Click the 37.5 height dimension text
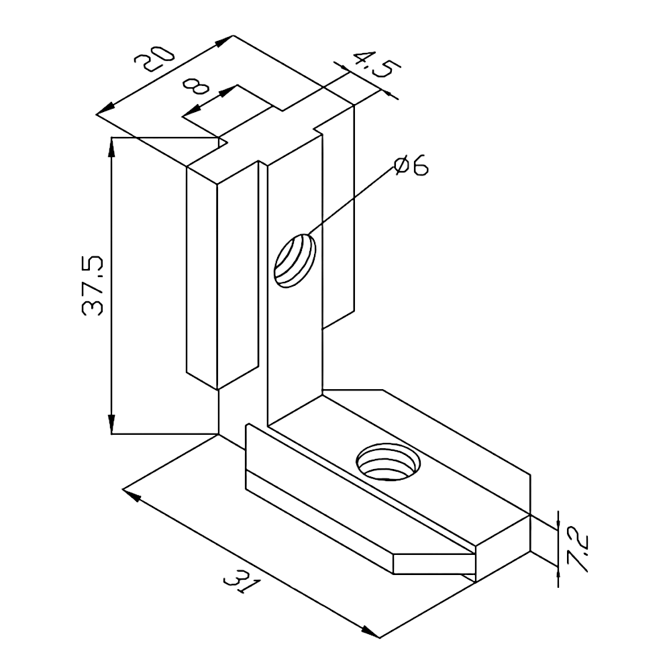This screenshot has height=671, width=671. click(93, 285)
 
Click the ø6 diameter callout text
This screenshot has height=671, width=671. click(411, 166)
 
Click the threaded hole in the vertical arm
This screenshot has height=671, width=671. click(295, 260)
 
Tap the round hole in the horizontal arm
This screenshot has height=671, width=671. click(388, 462)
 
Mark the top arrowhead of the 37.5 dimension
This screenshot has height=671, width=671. click(111, 146)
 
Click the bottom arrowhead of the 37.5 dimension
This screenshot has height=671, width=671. click(111, 425)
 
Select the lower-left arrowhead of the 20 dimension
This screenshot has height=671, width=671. click(105, 109)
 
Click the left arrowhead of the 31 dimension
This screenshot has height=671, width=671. click(132, 494)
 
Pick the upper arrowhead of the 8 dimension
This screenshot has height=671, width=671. click(228, 91)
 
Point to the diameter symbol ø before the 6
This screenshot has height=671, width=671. click(402, 166)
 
